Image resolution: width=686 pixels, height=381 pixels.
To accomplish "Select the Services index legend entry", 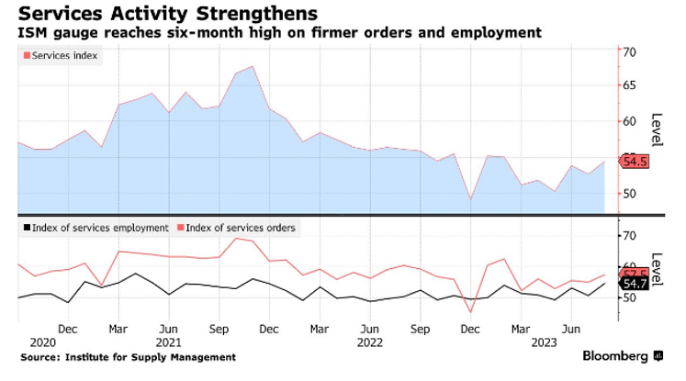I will [x=65, y=55].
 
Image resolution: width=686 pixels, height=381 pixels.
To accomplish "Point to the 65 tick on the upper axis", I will [x=630, y=85].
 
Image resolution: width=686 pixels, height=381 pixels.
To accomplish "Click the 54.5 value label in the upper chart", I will [x=635, y=162].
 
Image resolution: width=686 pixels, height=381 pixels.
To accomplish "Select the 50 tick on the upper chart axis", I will [x=630, y=194].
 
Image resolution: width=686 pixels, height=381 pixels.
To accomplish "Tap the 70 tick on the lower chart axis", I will [x=630, y=236].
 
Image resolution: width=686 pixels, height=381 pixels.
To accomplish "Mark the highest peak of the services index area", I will [x=252, y=66].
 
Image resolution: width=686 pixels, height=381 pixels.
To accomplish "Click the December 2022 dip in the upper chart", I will [x=470, y=199].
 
